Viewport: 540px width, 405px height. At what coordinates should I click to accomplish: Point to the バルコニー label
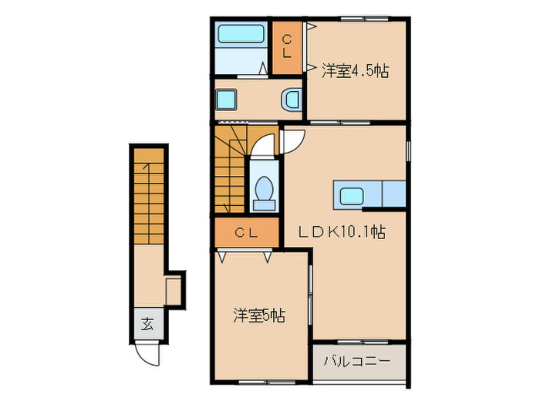click(x=357, y=360)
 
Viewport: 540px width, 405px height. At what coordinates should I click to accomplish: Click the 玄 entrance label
click(x=147, y=324)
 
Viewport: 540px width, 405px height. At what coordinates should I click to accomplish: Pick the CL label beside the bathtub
click(x=286, y=47)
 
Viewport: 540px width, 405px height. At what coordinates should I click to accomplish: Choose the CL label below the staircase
click(x=246, y=231)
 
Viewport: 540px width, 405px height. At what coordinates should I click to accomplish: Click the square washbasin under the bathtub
click(x=226, y=99)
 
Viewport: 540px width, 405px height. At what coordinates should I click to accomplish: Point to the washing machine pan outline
click(x=292, y=99)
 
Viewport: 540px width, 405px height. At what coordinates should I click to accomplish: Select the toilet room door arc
click(x=264, y=147)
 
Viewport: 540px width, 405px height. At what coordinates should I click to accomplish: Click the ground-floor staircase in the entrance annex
click(x=147, y=197)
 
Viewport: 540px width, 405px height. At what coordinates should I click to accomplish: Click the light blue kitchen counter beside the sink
click(x=394, y=194)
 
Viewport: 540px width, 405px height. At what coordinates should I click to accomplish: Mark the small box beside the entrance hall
click(x=174, y=290)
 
